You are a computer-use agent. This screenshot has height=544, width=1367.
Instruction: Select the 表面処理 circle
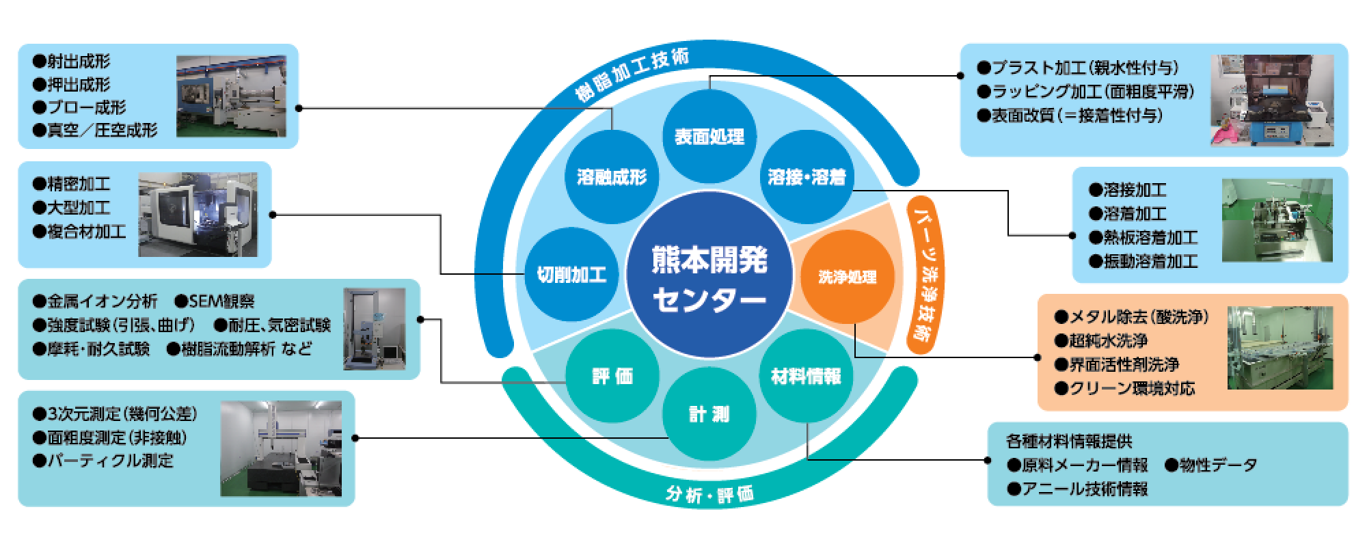point(709,137)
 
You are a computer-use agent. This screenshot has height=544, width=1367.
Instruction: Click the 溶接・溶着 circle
point(807,178)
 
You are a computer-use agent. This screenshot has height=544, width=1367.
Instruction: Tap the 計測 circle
point(709,414)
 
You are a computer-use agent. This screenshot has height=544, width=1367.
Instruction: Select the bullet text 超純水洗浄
point(1108,340)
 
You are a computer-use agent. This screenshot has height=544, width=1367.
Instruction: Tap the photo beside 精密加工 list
point(198,214)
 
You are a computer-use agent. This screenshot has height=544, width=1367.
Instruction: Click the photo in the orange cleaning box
point(1280,348)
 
